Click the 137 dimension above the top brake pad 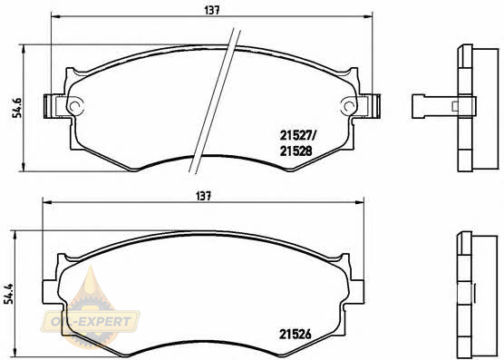(x=212, y=10)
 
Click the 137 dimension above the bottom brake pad (x=204, y=197)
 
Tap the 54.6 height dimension (x=17, y=107)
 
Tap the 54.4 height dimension (x=9, y=293)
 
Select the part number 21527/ (x=298, y=136)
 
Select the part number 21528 (x=296, y=151)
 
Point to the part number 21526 (x=296, y=335)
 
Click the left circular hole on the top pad (x=75, y=105)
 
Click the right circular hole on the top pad (x=348, y=105)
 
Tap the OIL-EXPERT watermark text (x=91, y=321)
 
